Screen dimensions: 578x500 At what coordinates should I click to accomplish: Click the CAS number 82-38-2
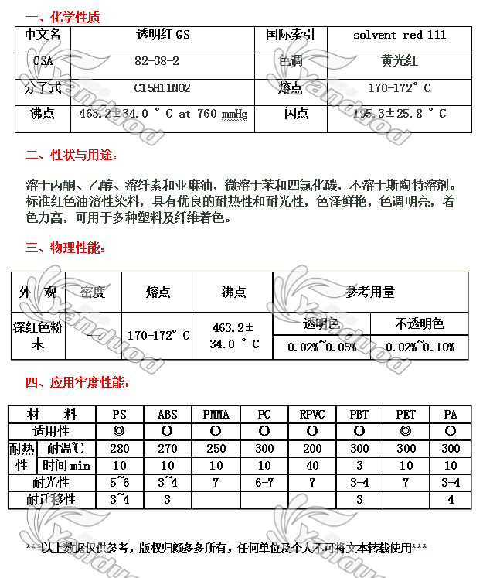pos(156,61)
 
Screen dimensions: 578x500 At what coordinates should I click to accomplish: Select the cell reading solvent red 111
pos(400,35)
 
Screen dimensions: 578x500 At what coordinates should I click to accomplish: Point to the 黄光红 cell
pos(400,61)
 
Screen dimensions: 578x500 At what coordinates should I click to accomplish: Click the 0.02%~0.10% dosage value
pos(419,347)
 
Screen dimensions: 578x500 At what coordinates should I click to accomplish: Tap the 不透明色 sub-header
pos(420,323)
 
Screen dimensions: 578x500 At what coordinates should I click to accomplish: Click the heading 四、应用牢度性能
pos(77,382)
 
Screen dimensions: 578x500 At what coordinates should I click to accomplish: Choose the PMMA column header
pos(216,415)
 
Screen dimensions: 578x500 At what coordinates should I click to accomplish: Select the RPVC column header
pos(311,415)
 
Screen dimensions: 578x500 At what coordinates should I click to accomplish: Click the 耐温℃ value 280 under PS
pos(119,449)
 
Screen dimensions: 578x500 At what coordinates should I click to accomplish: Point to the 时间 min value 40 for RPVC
pos(311,466)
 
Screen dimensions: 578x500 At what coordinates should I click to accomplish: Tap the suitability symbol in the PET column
pos(406,431)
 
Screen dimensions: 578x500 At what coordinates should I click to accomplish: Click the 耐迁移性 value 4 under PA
pos(451,500)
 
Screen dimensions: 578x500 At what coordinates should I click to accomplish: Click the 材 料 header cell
pos(51,415)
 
